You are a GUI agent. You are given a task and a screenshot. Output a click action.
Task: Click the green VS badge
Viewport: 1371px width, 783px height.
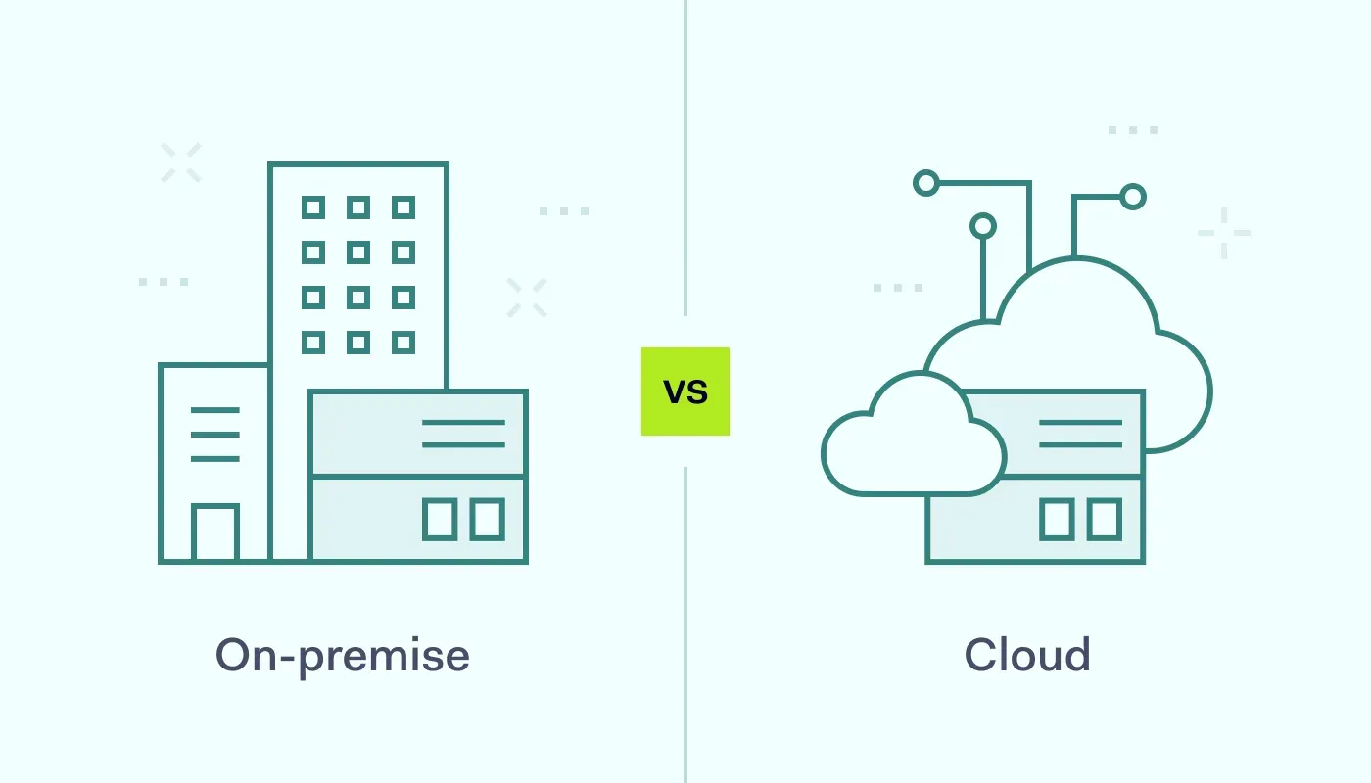pos(685,391)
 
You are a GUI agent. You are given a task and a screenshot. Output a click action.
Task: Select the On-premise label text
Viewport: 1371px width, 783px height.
pos(343,655)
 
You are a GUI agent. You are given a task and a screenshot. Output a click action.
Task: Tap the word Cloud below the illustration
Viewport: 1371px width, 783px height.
pos(1027,655)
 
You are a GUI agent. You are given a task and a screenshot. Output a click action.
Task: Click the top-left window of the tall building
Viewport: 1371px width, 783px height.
pos(313,207)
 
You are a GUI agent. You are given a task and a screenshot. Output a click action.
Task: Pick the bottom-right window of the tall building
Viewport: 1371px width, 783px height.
pos(403,343)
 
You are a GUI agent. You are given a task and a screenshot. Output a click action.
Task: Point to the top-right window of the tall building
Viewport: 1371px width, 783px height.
pos(403,207)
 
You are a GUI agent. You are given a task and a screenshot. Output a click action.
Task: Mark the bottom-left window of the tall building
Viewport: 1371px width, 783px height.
pos(313,343)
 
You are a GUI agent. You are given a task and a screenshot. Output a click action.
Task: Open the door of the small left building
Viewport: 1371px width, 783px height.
pos(215,534)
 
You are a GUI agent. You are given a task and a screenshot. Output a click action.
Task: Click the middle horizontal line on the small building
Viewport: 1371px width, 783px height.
pos(214,434)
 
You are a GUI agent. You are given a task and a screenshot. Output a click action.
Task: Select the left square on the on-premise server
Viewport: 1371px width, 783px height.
pos(439,519)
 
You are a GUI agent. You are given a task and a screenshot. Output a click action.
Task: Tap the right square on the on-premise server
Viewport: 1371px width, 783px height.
pos(487,519)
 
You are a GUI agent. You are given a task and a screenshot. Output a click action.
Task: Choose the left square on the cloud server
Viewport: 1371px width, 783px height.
pos(1056,519)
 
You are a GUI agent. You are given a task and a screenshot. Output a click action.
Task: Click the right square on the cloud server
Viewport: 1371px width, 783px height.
pos(1104,519)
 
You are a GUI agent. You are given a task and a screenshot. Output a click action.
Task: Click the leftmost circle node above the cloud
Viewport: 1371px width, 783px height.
pos(925,183)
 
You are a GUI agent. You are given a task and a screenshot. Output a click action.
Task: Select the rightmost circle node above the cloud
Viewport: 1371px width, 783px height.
pos(1133,197)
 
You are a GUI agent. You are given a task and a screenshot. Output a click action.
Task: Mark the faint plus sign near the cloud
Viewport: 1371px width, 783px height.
pos(1224,233)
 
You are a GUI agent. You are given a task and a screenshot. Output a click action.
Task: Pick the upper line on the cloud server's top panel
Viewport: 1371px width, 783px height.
pos(1080,422)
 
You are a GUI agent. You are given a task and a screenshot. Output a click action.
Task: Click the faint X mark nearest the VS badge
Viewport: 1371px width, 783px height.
pos(527,298)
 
